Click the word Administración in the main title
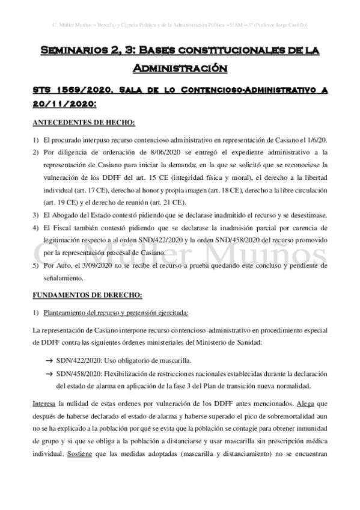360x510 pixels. click(x=180, y=68)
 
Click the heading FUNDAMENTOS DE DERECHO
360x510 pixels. click(x=87, y=295)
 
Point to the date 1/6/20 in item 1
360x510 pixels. click(x=315, y=139)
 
